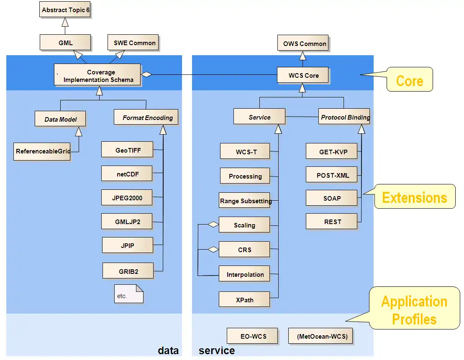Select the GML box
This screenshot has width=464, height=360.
65,43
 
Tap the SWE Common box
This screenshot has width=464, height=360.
134,43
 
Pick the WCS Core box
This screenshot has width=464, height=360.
303,76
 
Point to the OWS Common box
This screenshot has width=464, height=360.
304,43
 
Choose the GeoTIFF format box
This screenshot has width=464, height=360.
128,150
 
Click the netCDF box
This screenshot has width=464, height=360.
127,174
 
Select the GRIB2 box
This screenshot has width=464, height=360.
128,271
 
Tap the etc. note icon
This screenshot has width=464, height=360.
129,294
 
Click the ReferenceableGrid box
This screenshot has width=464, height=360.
42,151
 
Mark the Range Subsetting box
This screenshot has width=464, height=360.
245,201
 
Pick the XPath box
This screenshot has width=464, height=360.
244,300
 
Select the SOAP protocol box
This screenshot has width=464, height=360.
332,198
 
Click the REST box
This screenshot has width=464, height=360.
332,222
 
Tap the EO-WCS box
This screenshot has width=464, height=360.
253,336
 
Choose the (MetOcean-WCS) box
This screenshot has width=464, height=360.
321,336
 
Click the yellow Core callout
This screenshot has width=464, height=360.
409,80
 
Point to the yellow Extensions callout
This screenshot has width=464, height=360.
414,197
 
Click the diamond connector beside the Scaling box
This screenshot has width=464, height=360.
213,225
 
